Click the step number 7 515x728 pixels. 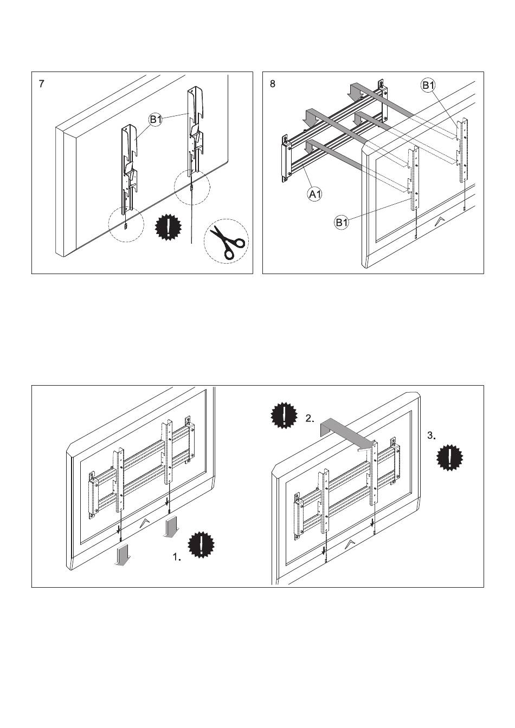coord(42,84)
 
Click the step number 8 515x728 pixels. coord(273,84)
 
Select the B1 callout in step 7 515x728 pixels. coord(156,120)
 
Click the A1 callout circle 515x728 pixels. coord(314,193)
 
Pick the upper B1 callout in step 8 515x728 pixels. coord(428,85)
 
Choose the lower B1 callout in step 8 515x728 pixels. coord(342,222)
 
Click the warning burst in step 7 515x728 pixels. coord(169,228)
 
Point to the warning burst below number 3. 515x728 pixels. coord(450,457)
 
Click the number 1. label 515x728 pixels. coord(177,556)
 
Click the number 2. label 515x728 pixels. coord(309,418)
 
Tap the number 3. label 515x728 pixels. coord(431,435)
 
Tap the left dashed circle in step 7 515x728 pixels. coord(126,226)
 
